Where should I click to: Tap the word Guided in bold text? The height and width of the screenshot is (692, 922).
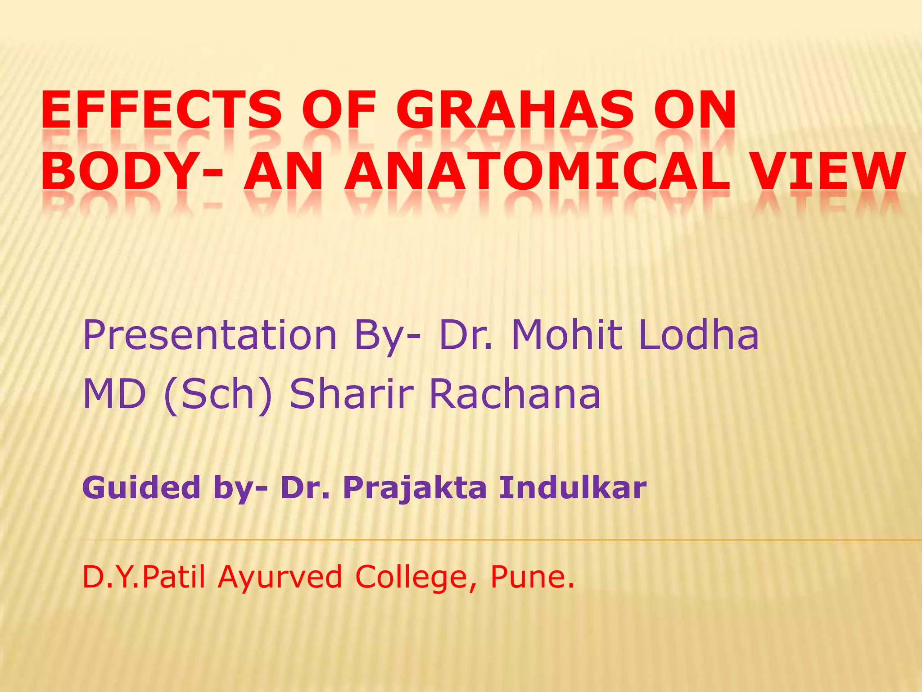pos(141,488)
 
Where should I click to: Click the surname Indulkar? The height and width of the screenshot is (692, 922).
pos(573,488)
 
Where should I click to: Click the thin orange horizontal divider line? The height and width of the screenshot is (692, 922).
pos(495,540)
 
